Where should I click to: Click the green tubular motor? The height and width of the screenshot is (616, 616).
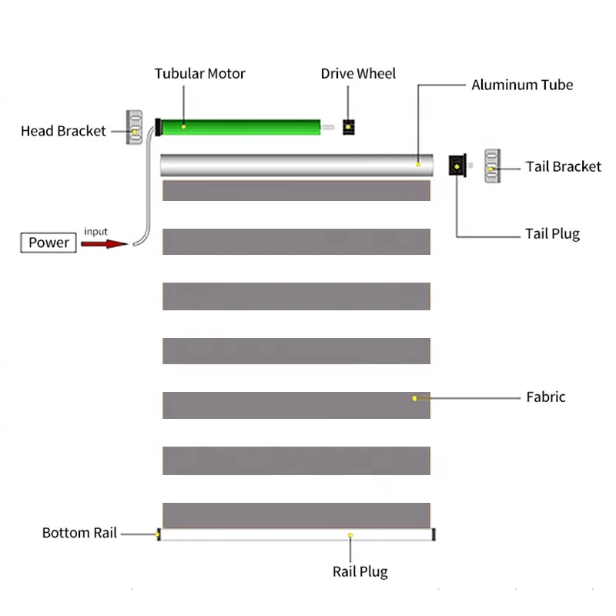point(239,126)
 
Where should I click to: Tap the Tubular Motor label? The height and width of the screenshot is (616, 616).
point(199,74)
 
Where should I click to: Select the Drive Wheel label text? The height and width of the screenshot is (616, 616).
point(358,74)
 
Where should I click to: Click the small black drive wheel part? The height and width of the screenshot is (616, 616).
point(349,126)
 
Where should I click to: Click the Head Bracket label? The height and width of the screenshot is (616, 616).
point(63,131)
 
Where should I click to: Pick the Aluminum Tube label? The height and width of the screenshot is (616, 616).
point(522,85)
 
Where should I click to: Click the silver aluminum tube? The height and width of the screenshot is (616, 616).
point(296,166)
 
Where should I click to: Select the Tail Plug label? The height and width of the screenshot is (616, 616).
point(552,234)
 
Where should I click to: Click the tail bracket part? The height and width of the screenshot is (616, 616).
point(492,166)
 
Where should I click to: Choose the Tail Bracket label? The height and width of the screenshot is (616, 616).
point(563,166)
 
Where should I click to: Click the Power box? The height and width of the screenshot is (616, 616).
point(49,243)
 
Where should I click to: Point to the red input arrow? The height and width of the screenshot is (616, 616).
point(104,244)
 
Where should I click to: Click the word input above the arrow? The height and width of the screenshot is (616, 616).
point(95,232)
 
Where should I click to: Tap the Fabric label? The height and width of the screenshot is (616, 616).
point(545,397)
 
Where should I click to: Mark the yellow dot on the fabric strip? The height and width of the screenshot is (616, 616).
point(415,398)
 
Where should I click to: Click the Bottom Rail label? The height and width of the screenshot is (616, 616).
point(79,533)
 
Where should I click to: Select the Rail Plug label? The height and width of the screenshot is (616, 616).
point(360,571)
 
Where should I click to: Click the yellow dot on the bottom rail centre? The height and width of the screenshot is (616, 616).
point(350,534)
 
